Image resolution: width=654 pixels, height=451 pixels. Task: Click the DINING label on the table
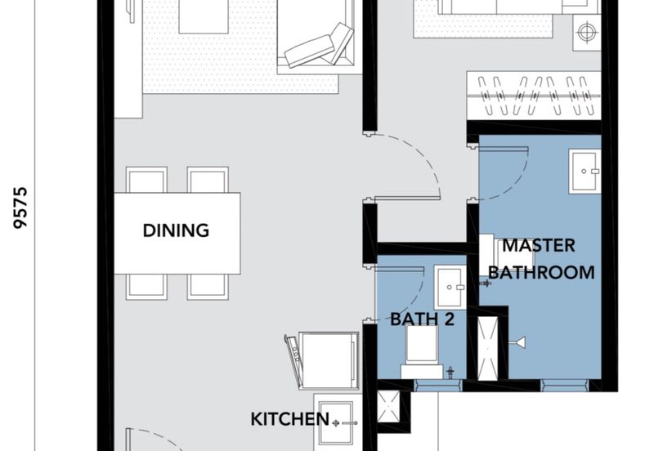pyautogui.click(x=176, y=230)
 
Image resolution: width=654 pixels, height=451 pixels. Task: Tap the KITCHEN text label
pyautogui.click(x=290, y=419)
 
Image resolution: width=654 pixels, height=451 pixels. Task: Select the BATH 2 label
pyautogui.click(x=422, y=319)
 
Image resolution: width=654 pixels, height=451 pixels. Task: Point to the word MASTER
pyautogui.click(x=539, y=245)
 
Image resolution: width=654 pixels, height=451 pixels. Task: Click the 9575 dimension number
pyautogui.click(x=20, y=208)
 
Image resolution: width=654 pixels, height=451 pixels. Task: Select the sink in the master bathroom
pyautogui.click(x=585, y=172)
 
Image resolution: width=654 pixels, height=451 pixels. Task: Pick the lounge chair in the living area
pyautogui.click(x=320, y=47)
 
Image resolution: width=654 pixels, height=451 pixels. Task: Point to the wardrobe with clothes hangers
pyautogui.click(x=534, y=96)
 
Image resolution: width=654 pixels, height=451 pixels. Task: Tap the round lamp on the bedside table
pyautogui.click(x=586, y=32)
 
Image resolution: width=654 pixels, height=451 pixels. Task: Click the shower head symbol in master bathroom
pyautogui.click(x=517, y=343)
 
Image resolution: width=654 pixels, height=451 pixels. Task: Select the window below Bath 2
pyautogui.click(x=438, y=386)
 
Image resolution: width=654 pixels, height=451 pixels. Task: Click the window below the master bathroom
pyautogui.click(x=565, y=386)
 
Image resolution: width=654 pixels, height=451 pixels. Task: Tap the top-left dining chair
pyautogui.click(x=146, y=180)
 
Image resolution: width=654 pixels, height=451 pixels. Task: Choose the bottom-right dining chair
pyautogui.click(x=208, y=288)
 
